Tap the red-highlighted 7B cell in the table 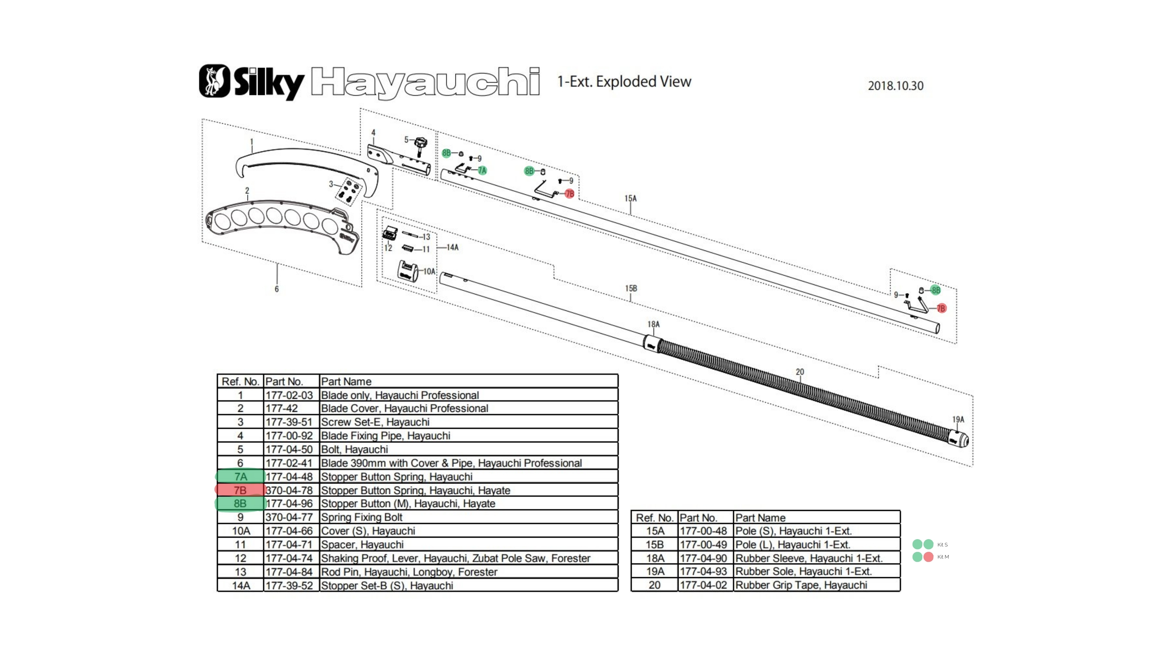(x=240, y=490)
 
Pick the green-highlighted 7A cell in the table (x=240, y=476)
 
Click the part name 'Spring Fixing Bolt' (x=361, y=517)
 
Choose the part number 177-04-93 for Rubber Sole (x=703, y=571)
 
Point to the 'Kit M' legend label (x=943, y=557)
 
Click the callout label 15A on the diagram (x=630, y=198)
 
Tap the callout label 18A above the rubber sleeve (x=653, y=324)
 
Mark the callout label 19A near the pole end (x=958, y=419)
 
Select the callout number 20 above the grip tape (x=800, y=371)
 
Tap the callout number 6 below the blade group (x=277, y=289)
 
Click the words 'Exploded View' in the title (x=643, y=82)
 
